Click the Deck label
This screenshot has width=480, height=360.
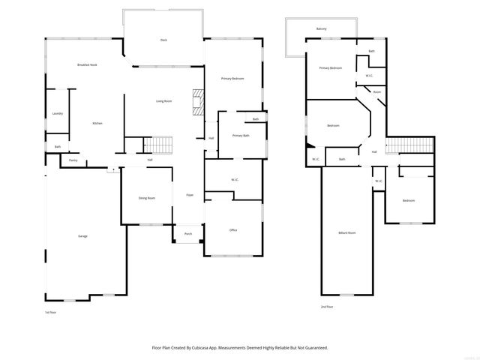163,40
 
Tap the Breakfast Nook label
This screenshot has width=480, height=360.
87,65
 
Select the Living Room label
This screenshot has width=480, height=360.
163,100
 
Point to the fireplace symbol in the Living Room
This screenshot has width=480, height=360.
198,102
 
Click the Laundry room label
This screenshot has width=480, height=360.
58,113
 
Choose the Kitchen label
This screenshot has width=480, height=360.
97,123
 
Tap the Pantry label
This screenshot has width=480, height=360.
73,160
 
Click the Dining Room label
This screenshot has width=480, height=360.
146,198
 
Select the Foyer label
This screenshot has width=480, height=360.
190,195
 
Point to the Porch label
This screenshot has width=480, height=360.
188,233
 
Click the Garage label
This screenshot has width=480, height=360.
82,236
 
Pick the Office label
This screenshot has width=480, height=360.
233,229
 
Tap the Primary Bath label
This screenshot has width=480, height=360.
241,136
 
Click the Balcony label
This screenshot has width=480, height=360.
321,28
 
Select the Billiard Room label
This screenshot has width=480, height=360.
346,232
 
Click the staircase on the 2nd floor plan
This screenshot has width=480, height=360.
410,145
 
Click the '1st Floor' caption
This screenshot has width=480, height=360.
51,312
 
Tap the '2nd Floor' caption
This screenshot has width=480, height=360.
326,307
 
